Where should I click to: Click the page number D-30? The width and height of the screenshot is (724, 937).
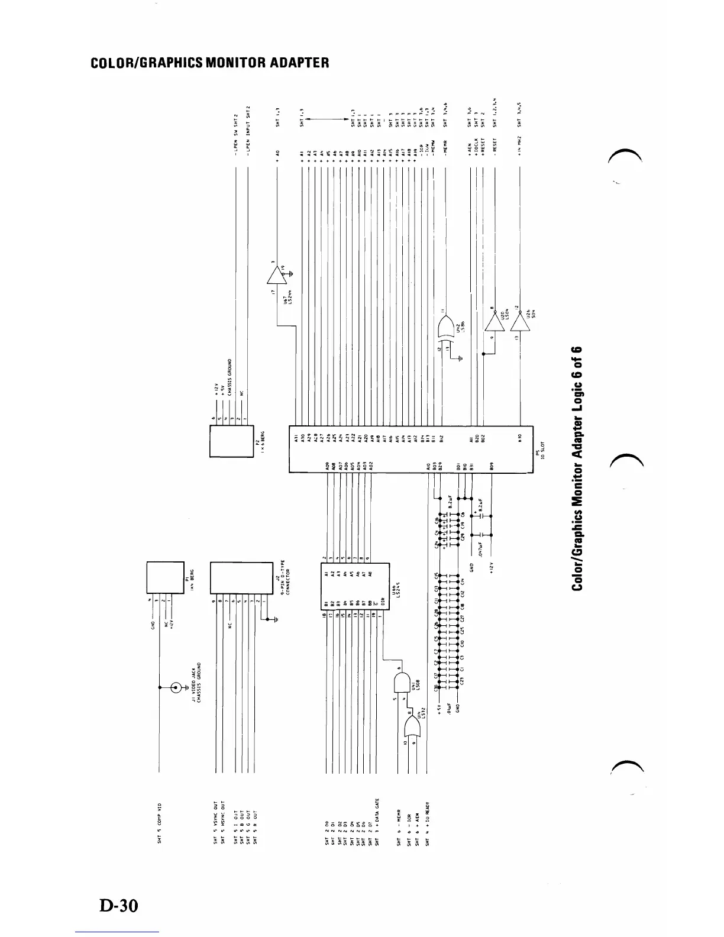point(118,904)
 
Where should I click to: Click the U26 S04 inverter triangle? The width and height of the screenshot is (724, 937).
point(519,322)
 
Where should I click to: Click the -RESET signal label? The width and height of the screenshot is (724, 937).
point(494,144)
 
